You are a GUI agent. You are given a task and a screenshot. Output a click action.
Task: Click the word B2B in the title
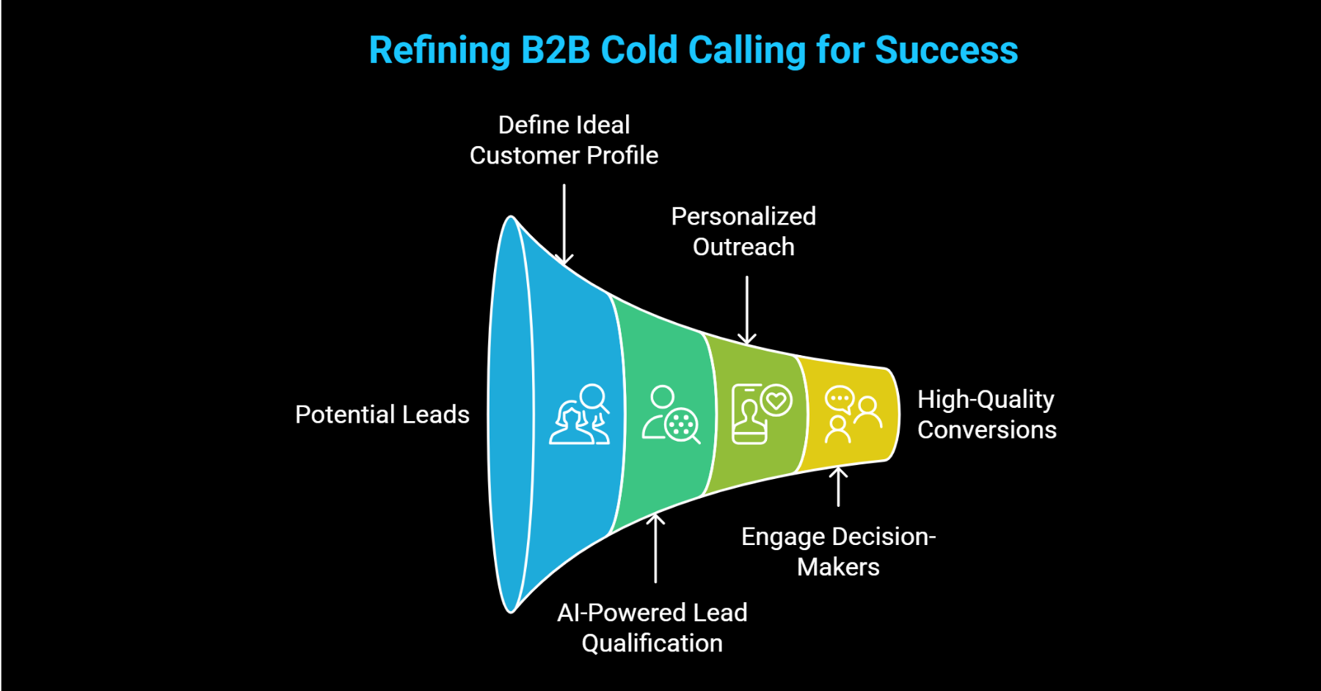[x=556, y=51]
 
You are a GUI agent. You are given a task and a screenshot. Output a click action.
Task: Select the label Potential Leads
[x=382, y=414]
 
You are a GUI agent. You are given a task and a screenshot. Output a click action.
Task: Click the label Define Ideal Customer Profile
[x=564, y=140]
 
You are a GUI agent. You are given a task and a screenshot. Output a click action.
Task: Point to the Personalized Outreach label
[x=743, y=232]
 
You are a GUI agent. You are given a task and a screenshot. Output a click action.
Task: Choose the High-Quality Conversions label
[x=986, y=414]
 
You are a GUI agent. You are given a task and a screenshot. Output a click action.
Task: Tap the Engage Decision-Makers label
[x=838, y=552]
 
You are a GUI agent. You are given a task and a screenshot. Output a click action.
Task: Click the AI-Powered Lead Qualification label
[x=652, y=628]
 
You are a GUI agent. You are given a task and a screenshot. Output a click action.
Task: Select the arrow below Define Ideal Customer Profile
[x=564, y=224]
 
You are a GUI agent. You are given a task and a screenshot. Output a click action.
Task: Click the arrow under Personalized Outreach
[x=746, y=310]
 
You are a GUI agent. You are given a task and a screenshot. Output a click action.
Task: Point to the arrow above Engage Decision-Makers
[x=838, y=487]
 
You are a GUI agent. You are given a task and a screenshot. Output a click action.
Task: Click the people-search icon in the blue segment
[x=580, y=414]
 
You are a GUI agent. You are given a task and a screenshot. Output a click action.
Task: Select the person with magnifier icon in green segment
[x=670, y=414]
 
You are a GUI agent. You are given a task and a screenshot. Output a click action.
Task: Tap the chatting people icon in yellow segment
[x=852, y=414]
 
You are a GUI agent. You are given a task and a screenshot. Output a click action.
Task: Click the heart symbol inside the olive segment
[x=776, y=401]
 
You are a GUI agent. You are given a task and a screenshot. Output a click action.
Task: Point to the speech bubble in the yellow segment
[x=839, y=400]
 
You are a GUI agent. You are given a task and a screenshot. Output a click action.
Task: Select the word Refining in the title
[x=439, y=51]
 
